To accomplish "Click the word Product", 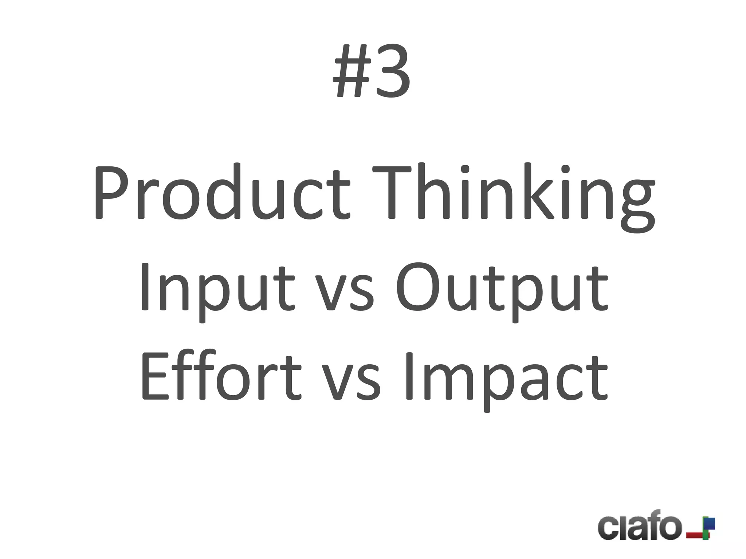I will [x=221, y=192].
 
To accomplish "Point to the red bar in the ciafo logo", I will [x=695, y=535].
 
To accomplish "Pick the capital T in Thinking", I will [x=392, y=192].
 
